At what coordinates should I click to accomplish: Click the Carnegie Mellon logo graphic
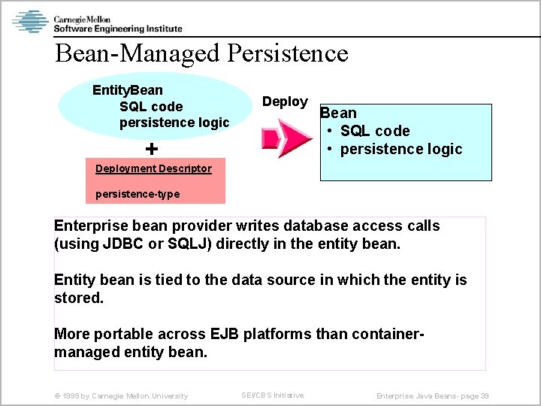pyautogui.click(x=30, y=21)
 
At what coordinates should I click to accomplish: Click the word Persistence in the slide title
pyautogui.click(x=287, y=53)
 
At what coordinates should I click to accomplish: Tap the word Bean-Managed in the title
pyautogui.click(x=138, y=53)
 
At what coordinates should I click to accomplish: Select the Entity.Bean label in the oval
pyautogui.click(x=127, y=90)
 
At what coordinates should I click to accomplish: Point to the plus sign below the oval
pyautogui.click(x=152, y=148)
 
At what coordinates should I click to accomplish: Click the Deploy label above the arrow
pyautogui.click(x=284, y=101)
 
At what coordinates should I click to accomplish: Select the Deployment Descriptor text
pyautogui.click(x=153, y=168)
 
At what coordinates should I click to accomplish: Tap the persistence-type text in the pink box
pyautogui.click(x=138, y=194)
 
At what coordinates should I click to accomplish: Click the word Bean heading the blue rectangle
pyautogui.click(x=338, y=113)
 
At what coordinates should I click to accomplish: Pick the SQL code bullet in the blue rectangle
pyautogui.click(x=374, y=131)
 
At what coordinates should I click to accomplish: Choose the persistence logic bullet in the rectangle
pyautogui.click(x=400, y=149)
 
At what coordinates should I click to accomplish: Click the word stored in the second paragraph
pyautogui.click(x=78, y=298)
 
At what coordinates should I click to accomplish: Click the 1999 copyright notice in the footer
pyautogui.click(x=121, y=395)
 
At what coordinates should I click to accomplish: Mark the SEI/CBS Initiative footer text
pyautogui.click(x=272, y=395)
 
